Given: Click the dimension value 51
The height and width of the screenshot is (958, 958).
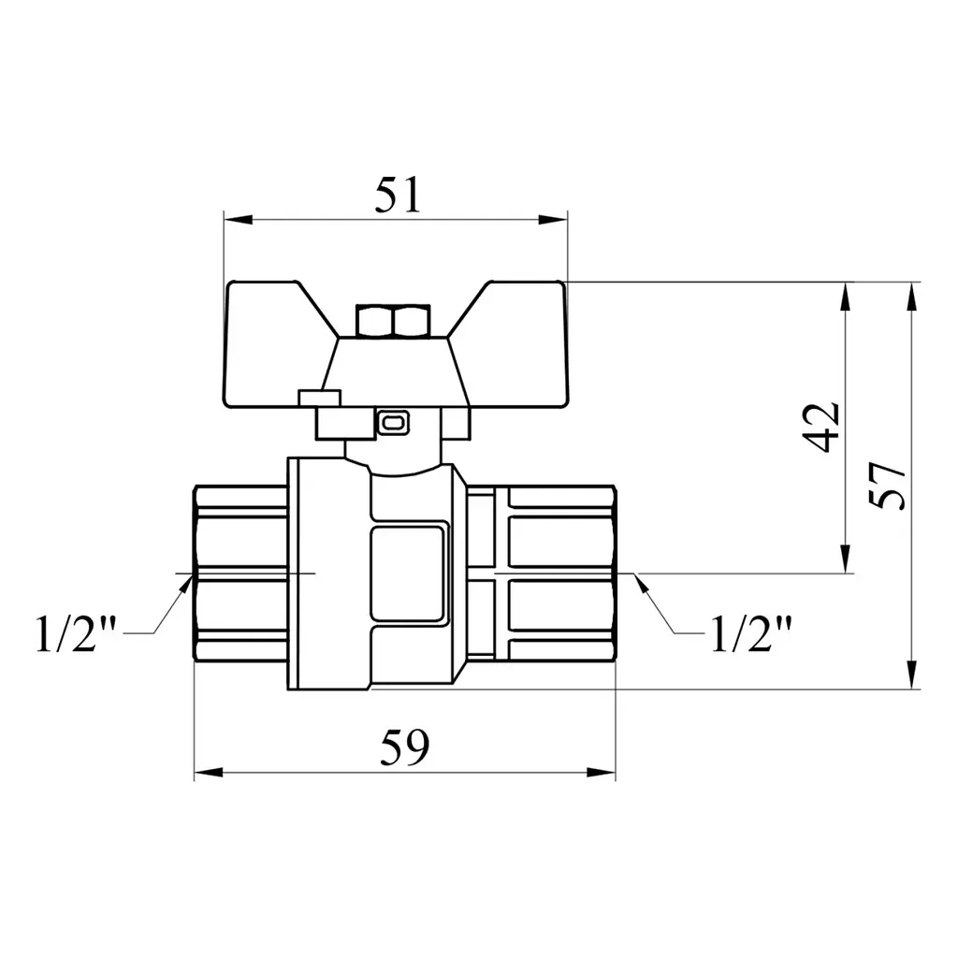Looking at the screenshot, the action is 398,195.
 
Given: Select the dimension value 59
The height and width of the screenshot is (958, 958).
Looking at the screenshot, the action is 404,747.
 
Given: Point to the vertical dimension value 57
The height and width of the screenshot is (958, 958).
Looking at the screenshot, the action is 887,486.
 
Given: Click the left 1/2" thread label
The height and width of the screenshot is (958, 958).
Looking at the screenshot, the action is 77,633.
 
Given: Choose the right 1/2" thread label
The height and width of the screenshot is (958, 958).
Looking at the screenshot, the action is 751,633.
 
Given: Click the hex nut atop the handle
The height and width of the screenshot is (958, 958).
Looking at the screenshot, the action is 394,322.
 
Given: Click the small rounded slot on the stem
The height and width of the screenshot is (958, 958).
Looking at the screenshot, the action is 392,422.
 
